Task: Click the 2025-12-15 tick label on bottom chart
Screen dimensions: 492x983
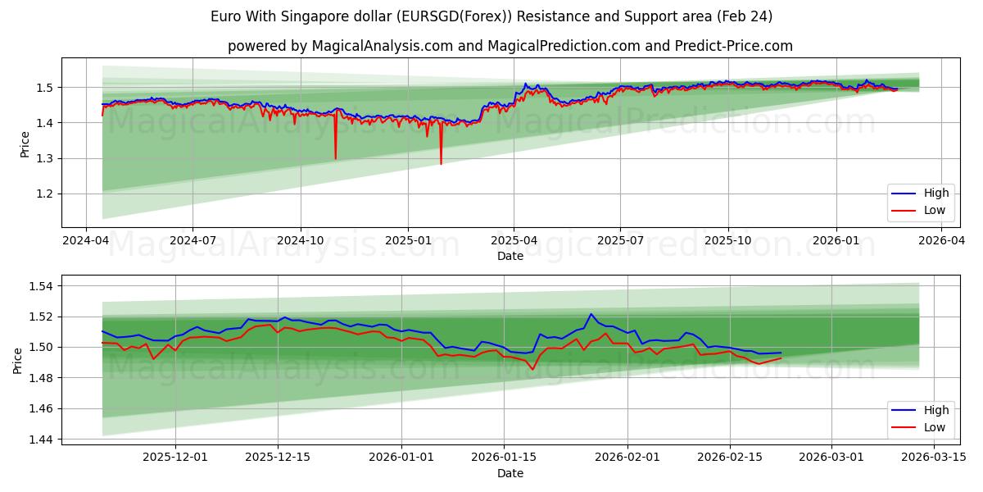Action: [x=278, y=457]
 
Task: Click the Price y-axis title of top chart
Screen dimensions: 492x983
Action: [x=25, y=143]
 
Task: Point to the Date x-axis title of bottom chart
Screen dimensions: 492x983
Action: [x=510, y=473]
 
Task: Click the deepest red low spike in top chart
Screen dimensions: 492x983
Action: [x=441, y=164]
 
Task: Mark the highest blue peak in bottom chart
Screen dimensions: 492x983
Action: [x=591, y=314]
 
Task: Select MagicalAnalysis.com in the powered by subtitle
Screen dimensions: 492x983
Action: [x=382, y=46]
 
